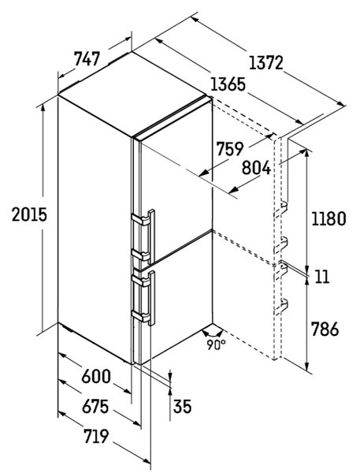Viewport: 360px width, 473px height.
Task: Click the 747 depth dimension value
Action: tap(87, 59)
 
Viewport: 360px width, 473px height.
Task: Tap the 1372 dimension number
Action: tap(266, 63)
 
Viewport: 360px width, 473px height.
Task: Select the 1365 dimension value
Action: tap(228, 84)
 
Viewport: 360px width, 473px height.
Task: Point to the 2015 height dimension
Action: tap(29, 214)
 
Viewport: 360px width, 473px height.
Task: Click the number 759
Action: tap(230, 149)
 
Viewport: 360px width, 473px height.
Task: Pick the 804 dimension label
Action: tap(256, 168)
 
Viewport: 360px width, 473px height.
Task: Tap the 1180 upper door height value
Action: tap(328, 218)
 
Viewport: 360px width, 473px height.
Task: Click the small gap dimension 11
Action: tap(322, 277)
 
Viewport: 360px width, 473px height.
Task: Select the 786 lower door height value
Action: tap(325, 329)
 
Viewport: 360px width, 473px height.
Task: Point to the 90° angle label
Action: tap(216, 345)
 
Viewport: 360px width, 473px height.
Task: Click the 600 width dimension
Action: tap(96, 376)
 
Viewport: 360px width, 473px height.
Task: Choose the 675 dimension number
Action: tap(95, 406)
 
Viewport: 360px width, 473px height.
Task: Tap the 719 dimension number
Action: tap(96, 436)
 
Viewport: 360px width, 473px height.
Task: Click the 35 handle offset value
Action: tap(183, 406)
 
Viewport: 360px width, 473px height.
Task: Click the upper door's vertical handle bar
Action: tap(151, 236)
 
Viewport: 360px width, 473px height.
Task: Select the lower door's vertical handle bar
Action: tap(151, 298)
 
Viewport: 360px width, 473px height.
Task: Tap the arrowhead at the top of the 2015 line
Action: tap(43, 108)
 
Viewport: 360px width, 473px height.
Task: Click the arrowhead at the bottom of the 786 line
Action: tap(307, 367)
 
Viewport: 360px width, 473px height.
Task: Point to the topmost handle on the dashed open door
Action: tap(281, 208)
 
